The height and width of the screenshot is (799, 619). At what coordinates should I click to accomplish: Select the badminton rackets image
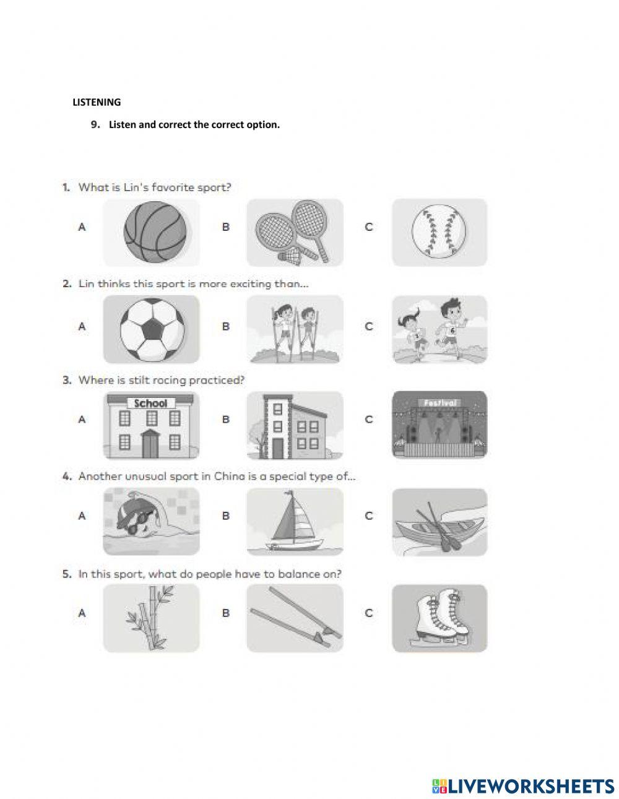(295, 233)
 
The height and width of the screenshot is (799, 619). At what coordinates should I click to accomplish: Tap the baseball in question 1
(439, 233)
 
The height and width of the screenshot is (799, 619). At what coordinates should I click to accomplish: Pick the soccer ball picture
(152, 329)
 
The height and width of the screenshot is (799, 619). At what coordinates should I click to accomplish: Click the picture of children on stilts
(295, 329)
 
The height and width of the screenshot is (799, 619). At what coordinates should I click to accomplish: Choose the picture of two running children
(439, 329)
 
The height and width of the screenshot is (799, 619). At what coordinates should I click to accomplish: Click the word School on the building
(150, 404)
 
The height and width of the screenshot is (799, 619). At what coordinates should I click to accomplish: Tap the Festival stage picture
(439, 425)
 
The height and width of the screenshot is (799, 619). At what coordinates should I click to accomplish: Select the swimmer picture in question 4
(152, 521)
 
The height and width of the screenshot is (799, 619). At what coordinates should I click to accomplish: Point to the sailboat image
(295, 521)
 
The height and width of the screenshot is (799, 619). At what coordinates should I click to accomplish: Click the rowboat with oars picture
(439, 522)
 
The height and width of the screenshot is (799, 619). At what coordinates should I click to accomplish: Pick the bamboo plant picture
(152, 618)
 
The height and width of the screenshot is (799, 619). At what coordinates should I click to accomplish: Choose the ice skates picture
(439, 618)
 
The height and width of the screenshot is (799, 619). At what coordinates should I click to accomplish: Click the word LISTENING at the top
(97, 102)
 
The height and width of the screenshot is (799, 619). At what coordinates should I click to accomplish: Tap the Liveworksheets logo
(522, 786)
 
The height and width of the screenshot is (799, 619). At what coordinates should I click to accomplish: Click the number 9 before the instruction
(95, 124)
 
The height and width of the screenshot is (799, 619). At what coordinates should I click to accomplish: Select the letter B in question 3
(225, 420)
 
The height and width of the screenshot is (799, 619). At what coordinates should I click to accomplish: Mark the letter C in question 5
(369, 613)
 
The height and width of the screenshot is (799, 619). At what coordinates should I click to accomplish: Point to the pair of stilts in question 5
(295, 618)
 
